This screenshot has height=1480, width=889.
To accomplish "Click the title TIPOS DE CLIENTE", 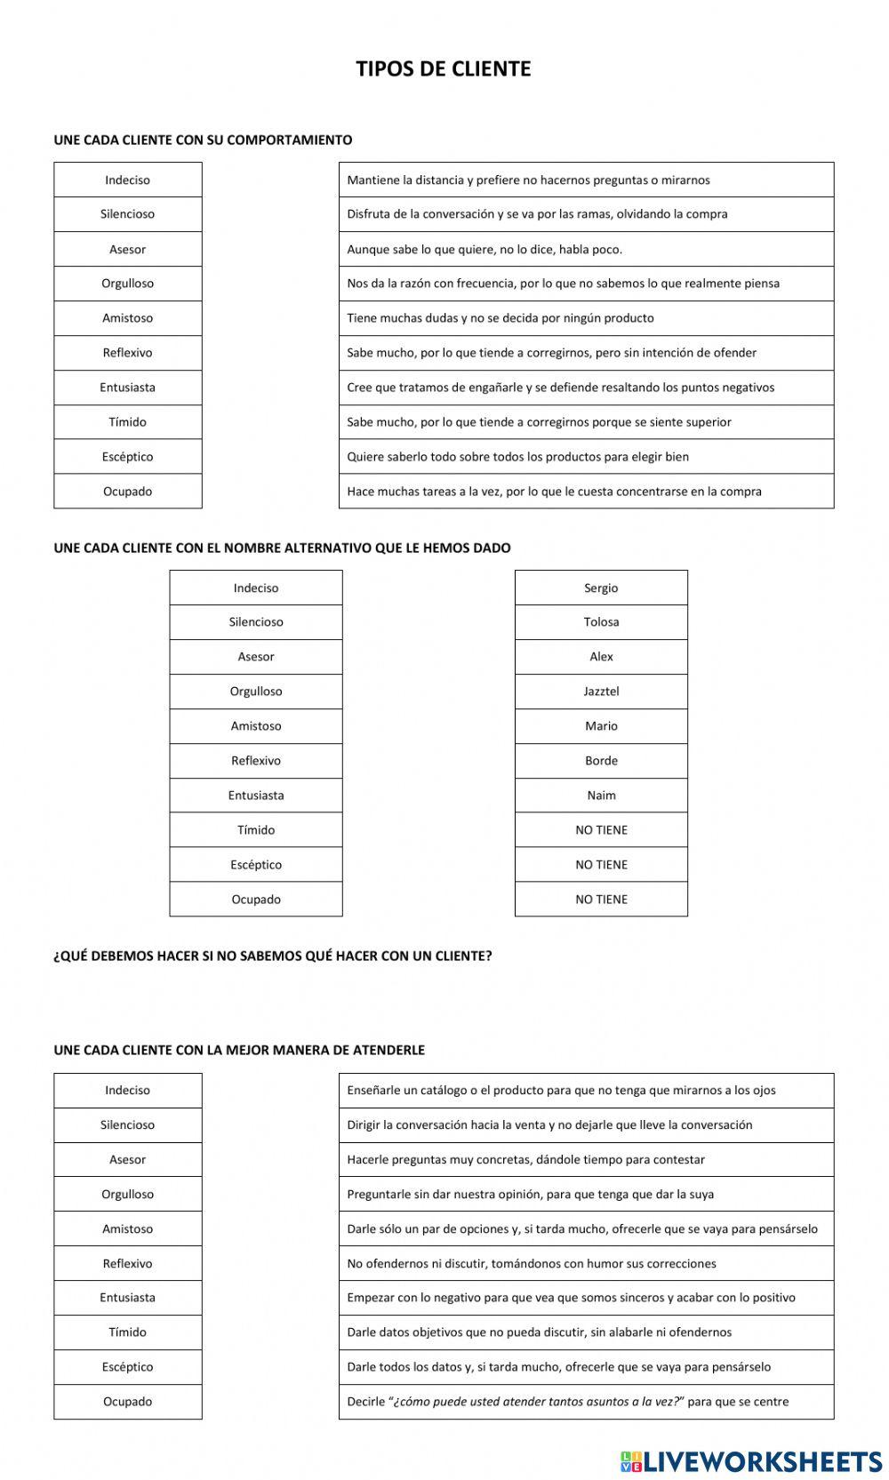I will coord(443,69).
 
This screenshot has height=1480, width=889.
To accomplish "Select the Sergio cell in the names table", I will coord(601,588).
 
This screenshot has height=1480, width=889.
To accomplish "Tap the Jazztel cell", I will coord(601,692).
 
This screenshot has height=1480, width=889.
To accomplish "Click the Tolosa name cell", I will coord(601,622).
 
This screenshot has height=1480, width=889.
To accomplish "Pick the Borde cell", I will coord(601,761).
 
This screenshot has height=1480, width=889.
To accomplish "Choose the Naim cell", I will coord(601,796).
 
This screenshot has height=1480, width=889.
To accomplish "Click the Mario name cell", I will coord(601,726).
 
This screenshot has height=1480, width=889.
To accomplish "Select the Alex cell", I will coord(601,657).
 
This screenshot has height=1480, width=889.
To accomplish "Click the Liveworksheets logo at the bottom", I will coord(751,1460).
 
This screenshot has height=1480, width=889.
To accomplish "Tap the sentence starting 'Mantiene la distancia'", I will coord(528,180).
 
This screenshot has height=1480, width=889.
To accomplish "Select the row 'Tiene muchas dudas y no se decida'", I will coord(500,318).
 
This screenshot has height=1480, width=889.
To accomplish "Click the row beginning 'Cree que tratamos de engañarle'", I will coord(560,388).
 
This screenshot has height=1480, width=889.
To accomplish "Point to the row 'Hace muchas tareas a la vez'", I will coord(554,492).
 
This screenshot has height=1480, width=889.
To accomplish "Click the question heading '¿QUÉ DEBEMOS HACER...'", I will coord(272,956).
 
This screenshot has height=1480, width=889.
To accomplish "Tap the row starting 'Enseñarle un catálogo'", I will coord(561,1091).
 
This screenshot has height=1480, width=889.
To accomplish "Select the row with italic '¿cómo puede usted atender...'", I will coord(567,1402).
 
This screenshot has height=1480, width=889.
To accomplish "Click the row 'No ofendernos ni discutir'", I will coord(531,1264).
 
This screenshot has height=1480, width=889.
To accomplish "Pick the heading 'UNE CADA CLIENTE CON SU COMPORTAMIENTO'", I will coord(203,140).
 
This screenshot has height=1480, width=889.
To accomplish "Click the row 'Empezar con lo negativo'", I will coord(571,1298).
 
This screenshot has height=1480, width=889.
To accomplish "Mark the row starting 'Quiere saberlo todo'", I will coord(517,457).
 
